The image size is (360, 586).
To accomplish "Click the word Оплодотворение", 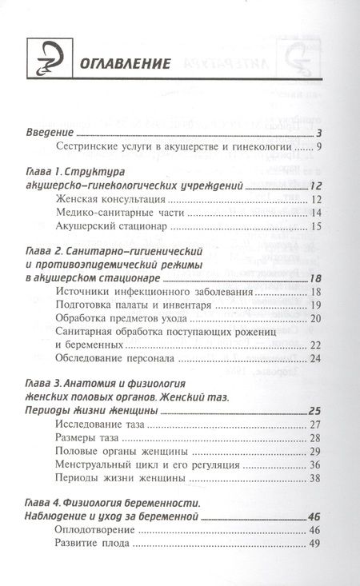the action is pos(95,530).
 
